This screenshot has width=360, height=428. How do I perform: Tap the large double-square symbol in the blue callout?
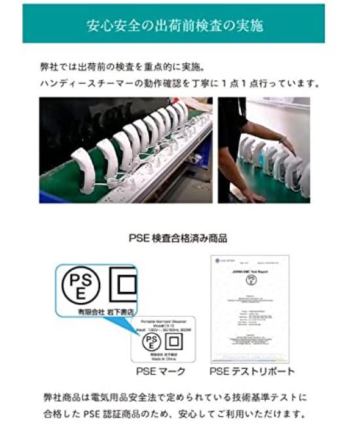(x=122, y=283)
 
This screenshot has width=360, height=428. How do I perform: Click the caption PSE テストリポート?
(x=251, y=372)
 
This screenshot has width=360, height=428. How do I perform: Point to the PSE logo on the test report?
(x=250, y=279)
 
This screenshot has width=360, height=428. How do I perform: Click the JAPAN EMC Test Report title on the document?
(x=250, y=269)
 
